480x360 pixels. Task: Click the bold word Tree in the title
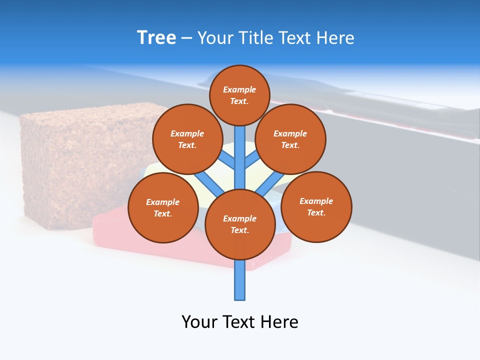tap(156, 38)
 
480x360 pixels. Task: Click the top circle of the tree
tap(239, 95)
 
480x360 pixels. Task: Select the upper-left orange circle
tap(187, 139)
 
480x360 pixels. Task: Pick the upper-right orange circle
tap(290, 139)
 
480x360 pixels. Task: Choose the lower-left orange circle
tap(163, 207)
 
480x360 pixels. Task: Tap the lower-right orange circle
tap(316, 206)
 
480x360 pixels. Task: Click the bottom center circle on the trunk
tap(240, 224)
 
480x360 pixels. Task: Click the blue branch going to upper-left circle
tap(227, 160)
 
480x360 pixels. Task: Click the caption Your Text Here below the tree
tap(239, 321)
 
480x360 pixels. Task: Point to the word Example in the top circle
tap(239, 89)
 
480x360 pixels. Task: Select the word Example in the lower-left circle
tap(162, 202)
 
